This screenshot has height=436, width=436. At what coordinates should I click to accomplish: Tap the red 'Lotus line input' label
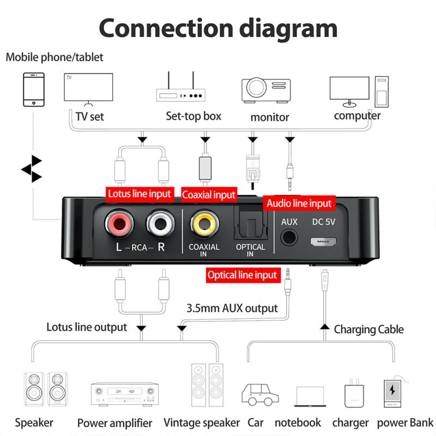coord(140,193)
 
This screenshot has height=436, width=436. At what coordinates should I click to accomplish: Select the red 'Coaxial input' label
coord(209,195)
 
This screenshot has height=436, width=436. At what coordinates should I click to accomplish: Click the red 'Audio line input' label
coord(299,203)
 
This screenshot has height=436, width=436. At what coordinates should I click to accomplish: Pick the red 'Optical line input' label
coord(243,275)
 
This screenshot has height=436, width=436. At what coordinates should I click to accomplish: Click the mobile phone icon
coord(33,89)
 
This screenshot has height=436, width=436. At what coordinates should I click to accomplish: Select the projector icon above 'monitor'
coord(266,91)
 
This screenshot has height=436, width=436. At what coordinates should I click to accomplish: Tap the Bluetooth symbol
coord(32,169)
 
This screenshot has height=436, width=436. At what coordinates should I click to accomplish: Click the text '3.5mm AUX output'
coord(232,307)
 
